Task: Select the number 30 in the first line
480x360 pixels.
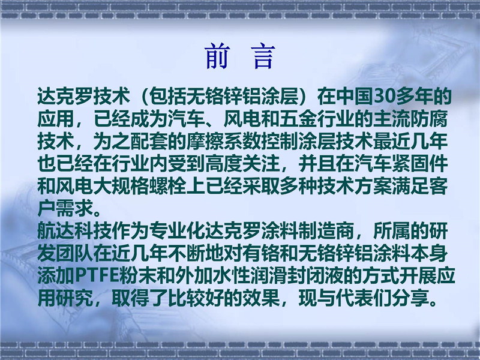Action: tap(385, 96)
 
